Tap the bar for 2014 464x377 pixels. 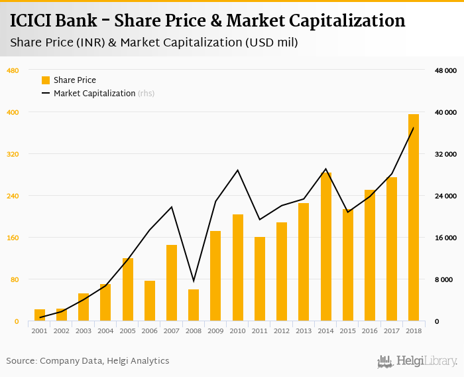click(325, 247)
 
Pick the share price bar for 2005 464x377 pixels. click(128, 289)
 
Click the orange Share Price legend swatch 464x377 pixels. click(46, 80)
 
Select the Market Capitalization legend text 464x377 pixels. click(94, 94)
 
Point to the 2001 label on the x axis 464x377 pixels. click(40, 330)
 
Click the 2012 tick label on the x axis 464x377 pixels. click(282, 330)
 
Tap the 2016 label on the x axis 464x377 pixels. click(369, 330)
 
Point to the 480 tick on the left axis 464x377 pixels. click(12, 70)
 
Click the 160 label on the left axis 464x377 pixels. click(12, 238)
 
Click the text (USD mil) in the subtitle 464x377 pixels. click(271, 43)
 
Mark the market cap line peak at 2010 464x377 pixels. click(237, 170)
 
